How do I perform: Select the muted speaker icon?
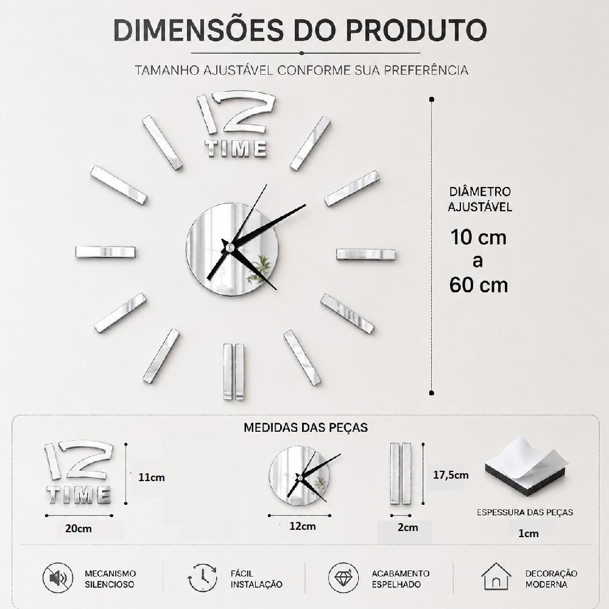(x=58, y=578)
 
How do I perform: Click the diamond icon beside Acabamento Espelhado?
(x=343, y=578)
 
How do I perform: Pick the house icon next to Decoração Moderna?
(x=496, y=577)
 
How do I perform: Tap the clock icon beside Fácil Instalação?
(x=202, y=577)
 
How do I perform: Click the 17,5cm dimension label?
(x=451, y=475)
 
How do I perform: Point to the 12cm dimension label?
(x=303, y=526)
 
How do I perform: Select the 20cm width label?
(x=79, y=529)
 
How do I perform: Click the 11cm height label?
(x=152, y=477)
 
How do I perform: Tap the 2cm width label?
(x=408, y=527)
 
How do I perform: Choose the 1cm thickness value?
(x=528, y=533)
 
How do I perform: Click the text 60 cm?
(x=479, y=285)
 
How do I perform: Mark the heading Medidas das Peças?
(x=306, y=428)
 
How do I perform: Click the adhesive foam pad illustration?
(x=526, y=466)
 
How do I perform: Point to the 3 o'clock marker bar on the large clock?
(x=365, y=255)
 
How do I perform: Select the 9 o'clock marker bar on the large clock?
(x=105, y=252)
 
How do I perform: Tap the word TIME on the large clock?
(x=236, y=149)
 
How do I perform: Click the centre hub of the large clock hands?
(x=230, y=247)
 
